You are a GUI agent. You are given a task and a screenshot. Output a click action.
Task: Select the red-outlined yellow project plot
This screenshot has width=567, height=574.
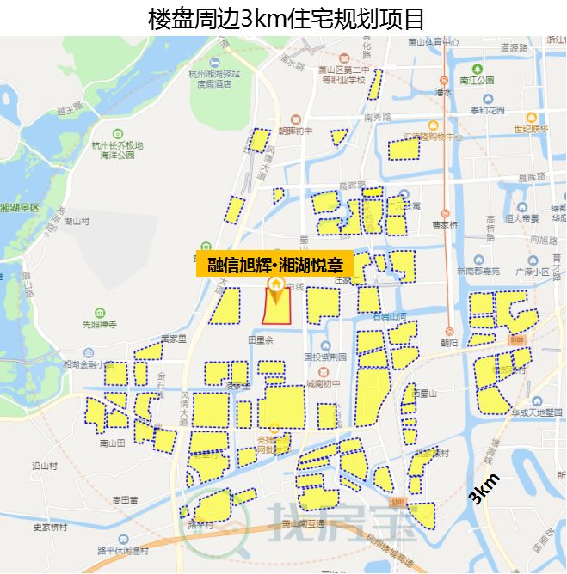point(277,308)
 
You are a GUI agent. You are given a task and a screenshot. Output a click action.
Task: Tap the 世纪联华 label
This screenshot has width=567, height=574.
point(532,129)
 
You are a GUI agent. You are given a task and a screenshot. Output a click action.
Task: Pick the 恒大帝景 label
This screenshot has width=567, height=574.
point(522,218)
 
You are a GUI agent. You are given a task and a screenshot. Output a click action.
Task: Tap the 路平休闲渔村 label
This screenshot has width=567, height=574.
point(123,550)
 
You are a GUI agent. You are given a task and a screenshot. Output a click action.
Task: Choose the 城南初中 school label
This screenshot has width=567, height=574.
point(323,384)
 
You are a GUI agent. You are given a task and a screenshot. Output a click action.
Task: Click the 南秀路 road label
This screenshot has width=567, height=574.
point(377,116)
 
